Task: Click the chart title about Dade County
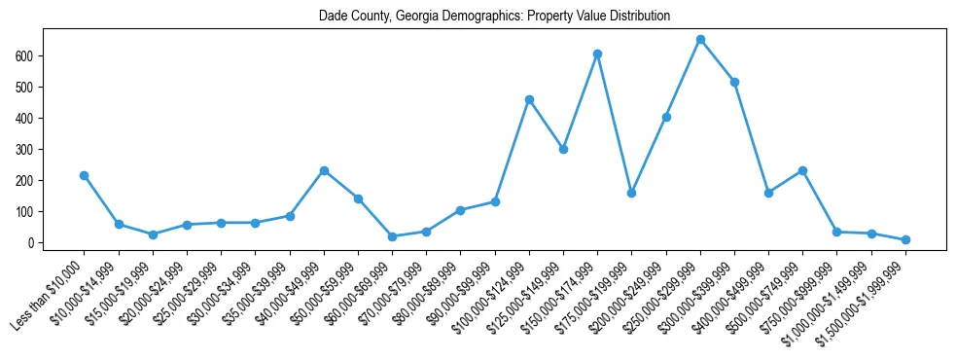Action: coord(494,17)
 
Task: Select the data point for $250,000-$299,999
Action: coord(700,40)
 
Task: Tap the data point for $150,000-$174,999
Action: coord(597,54)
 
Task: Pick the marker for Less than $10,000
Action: coord(85,176)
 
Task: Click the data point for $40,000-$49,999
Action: coord(324,171)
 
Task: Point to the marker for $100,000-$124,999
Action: coord(529,99)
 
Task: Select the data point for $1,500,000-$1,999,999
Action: coord(905,239)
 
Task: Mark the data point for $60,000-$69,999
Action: coord(392,236)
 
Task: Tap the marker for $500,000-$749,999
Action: coord(802,171)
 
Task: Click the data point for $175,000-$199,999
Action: coord(631,193)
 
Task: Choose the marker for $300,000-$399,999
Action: coord(734,83)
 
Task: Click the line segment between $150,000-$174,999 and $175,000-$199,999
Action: coord(615,124)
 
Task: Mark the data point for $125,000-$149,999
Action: coord(563,150)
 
